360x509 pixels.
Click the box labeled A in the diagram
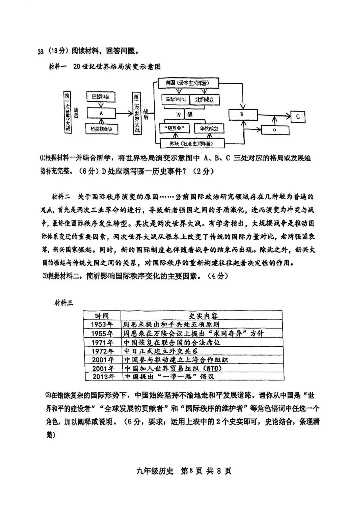coord(101,113)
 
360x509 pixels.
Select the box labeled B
coord(243,114)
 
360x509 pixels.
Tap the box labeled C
coord(298,117)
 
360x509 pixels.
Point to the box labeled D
coord(275,130)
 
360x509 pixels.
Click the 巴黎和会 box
coord(101,97)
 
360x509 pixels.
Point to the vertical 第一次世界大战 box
coord(68,112)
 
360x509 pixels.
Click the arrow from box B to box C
coord(274,115)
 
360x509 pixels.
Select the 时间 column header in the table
coord(102,316)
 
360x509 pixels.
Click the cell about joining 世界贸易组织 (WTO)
coord(173,368)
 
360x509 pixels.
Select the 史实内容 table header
coord(201,316)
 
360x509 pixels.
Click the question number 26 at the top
coord(41,52)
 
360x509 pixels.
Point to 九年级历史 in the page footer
coord(155,471)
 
